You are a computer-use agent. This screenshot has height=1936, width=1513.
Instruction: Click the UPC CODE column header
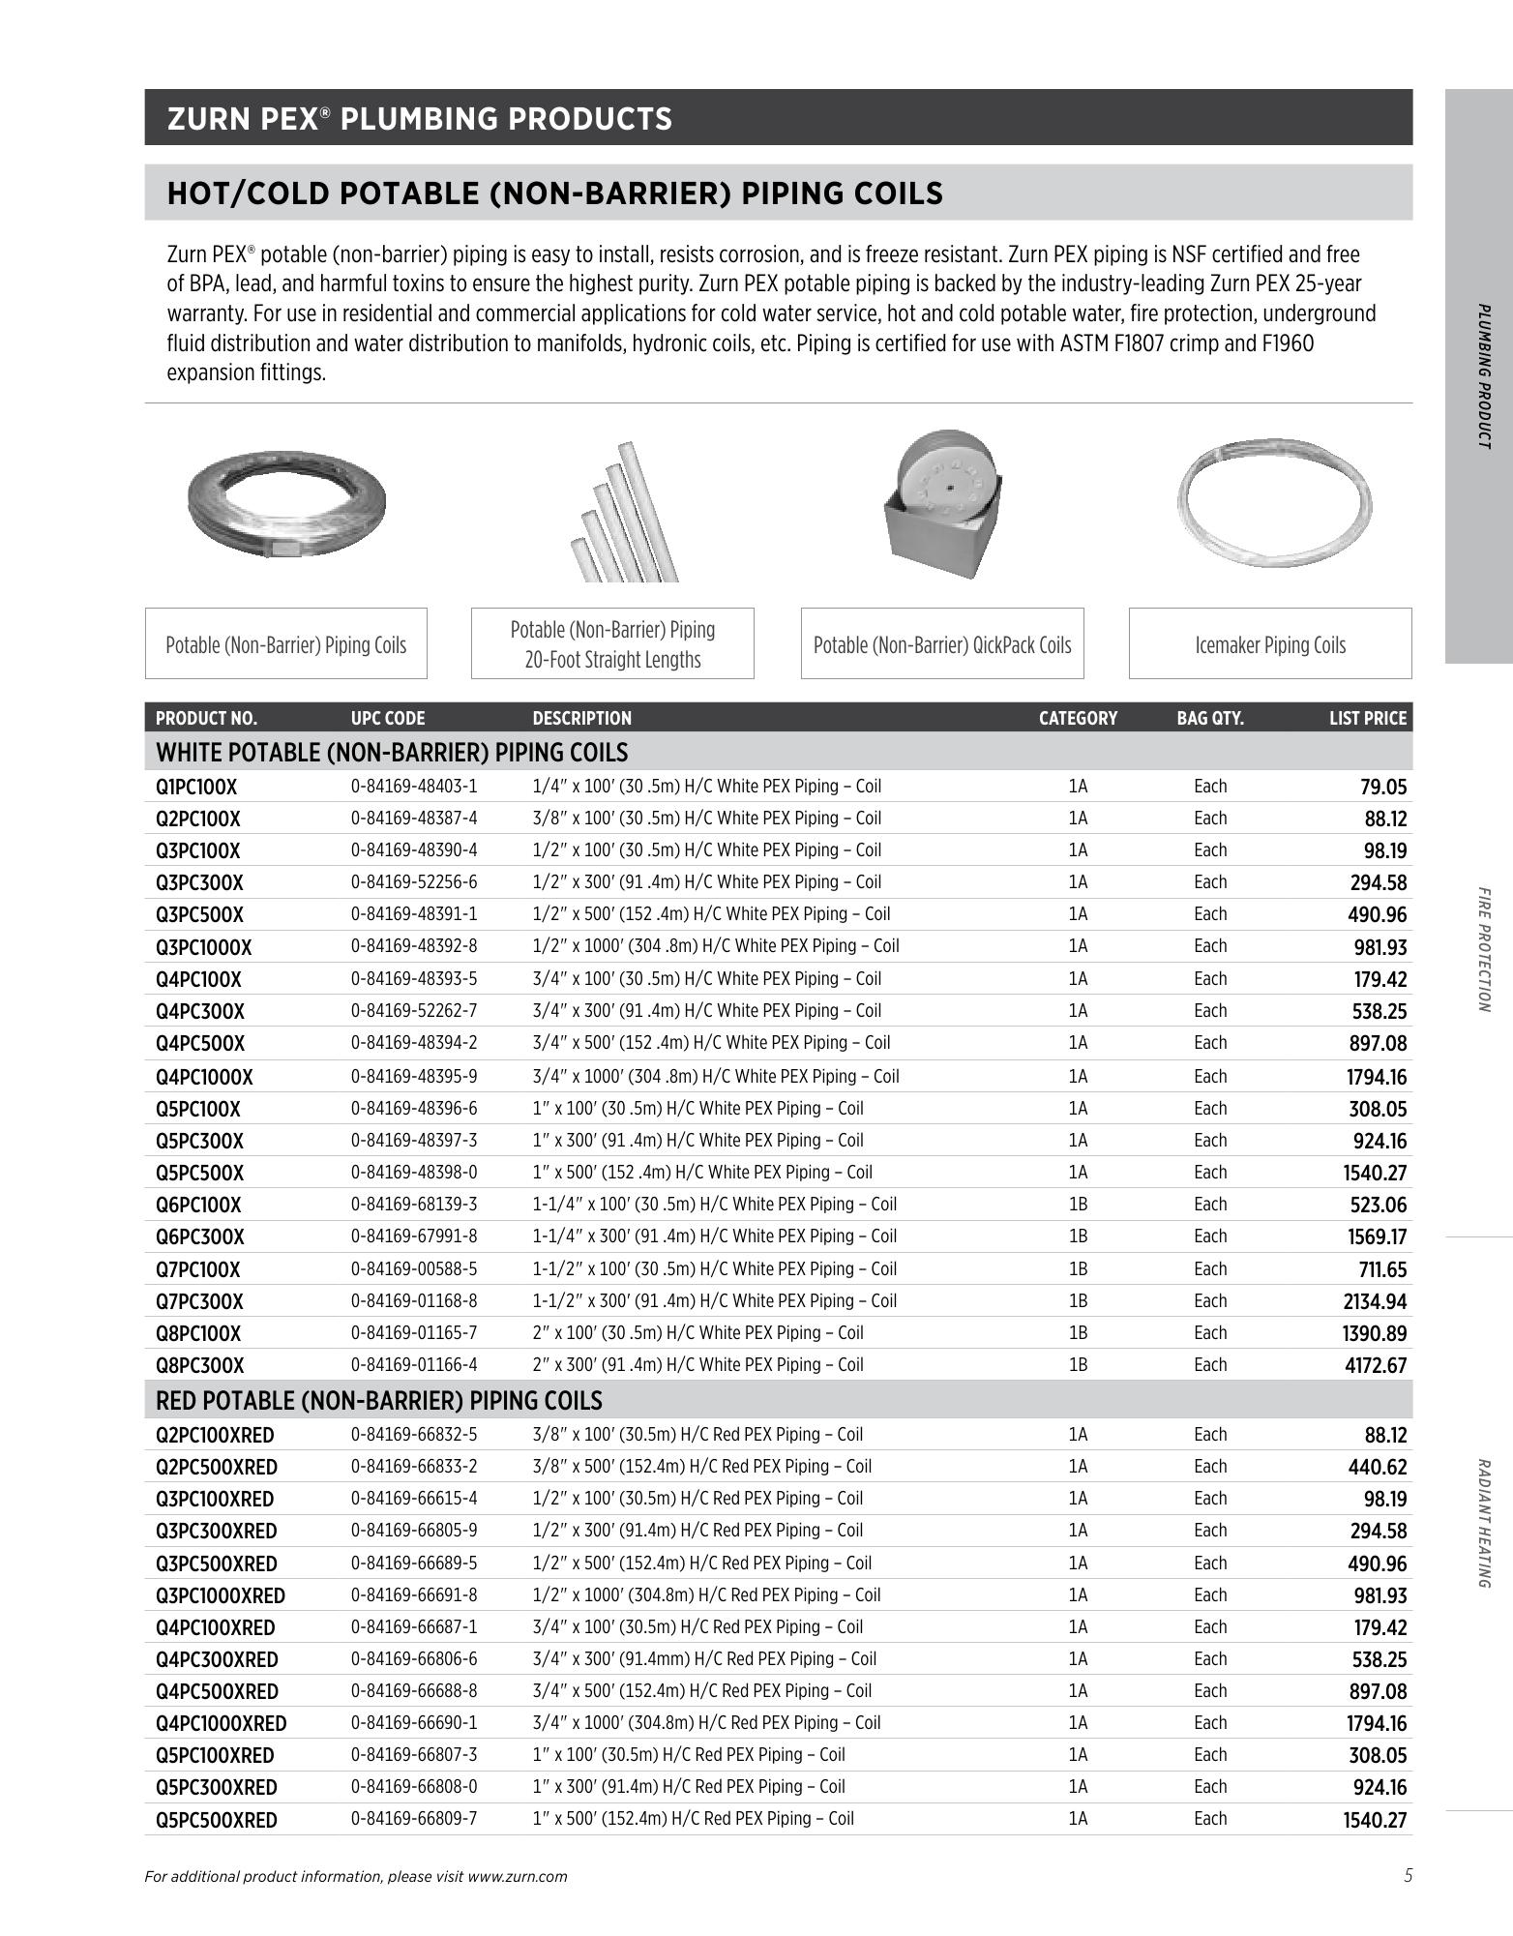387,718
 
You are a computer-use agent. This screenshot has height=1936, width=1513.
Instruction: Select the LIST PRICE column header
1367,718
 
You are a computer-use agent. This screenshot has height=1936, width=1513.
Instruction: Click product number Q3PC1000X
203,947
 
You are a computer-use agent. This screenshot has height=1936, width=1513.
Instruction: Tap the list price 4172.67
1374,1365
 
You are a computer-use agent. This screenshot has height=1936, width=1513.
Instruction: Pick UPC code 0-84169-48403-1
413,787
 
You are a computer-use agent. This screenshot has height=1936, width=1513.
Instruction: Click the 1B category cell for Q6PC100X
1078,1205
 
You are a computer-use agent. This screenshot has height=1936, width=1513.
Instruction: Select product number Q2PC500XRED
216,1467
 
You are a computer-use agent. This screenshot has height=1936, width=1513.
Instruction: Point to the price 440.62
1377,1467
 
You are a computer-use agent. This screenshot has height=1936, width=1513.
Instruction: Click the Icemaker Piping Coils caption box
1269,644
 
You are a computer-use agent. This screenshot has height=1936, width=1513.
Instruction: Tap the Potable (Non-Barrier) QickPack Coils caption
941,644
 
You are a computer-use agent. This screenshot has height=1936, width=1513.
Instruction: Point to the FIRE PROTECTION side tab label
1483,949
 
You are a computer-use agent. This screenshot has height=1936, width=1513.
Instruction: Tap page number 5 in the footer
1408,1875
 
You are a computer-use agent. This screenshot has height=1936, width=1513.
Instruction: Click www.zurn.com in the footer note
517,1876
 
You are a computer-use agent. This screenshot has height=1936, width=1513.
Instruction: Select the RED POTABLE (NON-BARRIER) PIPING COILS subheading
378,1401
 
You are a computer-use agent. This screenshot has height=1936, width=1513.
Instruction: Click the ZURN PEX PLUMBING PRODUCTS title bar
778,118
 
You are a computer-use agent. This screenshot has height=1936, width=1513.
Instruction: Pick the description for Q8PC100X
697,1333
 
